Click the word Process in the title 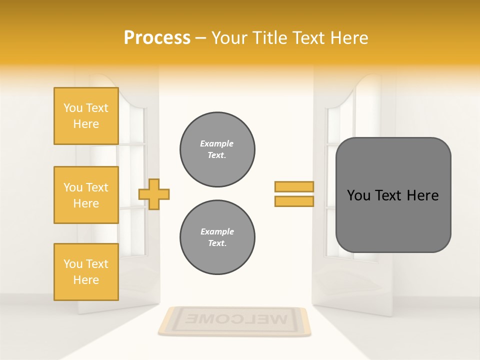coord(157,38)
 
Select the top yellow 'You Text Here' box coord(86,116)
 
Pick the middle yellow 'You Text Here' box coord(86,195)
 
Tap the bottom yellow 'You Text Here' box coord(86,271)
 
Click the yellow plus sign coord(154,194)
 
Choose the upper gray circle coord(217,149)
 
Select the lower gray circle coord(217,237)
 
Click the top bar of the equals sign coord(294,186)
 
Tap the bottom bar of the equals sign coord(294,201)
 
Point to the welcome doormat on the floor coord(234,320)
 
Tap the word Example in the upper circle coord(216,143)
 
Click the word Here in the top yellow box coord(86,124)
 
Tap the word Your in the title coord(230,38)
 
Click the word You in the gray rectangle coord(358,195)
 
